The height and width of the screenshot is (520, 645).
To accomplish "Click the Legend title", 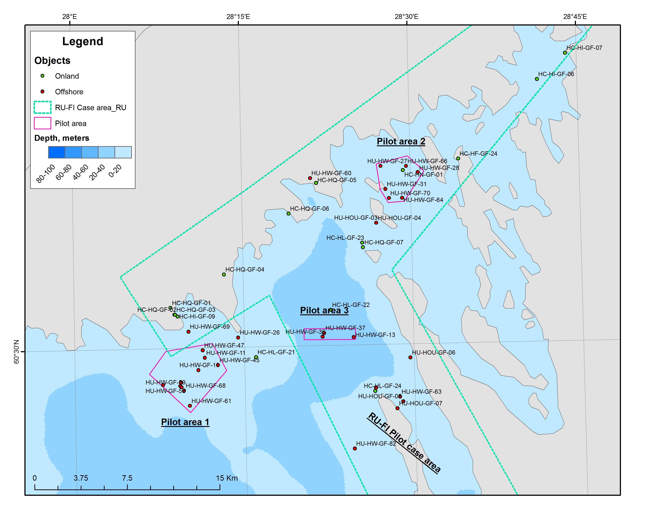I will click(x=83, y=41).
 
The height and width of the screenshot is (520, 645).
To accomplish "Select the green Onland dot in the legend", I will click(x=42, y=76).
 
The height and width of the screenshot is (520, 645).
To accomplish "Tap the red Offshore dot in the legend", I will click(x=42, y=91).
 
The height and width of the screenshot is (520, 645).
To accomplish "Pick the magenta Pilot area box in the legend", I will click(x=42, y=123).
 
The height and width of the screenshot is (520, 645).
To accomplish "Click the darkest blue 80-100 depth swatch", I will click(x=57, y=152).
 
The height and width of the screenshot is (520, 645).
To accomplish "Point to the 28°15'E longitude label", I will click(x=238, y=16).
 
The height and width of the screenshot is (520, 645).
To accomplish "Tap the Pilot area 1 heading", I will click(x=185, y=422).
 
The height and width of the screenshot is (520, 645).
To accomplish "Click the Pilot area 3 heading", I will click(x=324, y=310).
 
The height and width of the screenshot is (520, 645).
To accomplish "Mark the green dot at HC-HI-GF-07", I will click(x=565, y=53).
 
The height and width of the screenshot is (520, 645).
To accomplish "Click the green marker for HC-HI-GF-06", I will click(x=537, y=79).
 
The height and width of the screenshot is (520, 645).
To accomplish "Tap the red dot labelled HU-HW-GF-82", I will click(x=355, y=448).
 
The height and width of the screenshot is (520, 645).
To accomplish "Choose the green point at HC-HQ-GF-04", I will click(x=224, y=274).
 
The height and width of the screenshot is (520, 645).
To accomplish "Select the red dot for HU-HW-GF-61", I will click(x=190, y=406).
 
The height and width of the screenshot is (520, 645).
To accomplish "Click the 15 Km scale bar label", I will click(x=227, y=478).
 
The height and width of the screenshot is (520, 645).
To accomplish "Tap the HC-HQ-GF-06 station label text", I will click(x=309, y=209).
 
